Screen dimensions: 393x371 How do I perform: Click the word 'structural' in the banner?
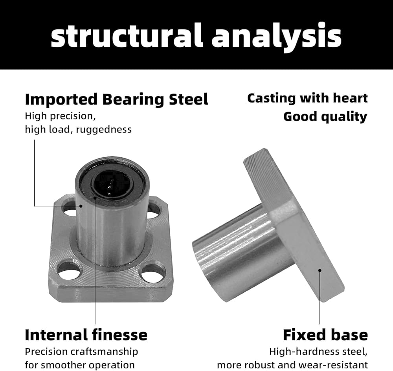(x=126, y=35)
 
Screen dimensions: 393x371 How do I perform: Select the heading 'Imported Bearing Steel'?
(x=117, y=99)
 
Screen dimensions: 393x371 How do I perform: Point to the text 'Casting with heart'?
(x=308, y=98)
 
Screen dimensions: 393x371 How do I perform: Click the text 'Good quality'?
(x=325, y=117)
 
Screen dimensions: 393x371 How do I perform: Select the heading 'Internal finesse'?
(x=86, y=335)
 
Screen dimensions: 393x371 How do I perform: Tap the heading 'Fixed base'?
(x=325, y=335)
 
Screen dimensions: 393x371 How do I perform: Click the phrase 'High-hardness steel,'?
(x=318, y=352)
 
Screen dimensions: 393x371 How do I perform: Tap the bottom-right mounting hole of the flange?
(x=152, y=273)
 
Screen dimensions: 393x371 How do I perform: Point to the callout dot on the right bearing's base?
(x=320, y=270)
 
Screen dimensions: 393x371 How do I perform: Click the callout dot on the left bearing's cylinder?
(x=81, y=206)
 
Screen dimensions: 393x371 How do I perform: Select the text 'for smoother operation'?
(x=80, y=365)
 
